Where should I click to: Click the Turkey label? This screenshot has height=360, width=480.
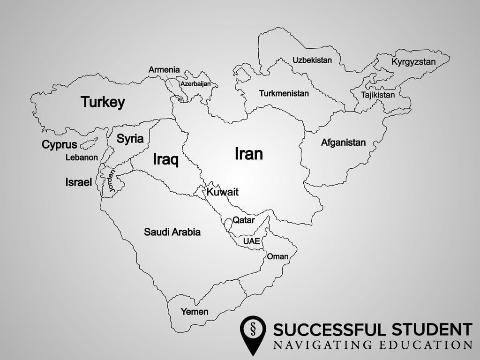pos(103,102)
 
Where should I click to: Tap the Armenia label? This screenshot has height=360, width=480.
pos(164,70)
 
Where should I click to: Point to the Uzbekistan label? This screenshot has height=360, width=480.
pos(312,60)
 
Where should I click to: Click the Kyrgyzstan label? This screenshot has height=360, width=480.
pos(413,62)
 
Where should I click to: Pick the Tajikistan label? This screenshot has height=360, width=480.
pos(378,95)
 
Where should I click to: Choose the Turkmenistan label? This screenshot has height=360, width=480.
pos(284,93)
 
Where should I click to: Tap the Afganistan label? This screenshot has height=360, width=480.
pos(343,142)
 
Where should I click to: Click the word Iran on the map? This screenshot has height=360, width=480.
pos(248,154)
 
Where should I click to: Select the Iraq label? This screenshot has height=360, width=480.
pos(165,160)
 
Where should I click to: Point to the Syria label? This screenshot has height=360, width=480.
pos(130,139)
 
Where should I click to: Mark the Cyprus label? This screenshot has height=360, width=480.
pos(59,145)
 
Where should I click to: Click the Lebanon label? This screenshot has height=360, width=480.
pos(82,157)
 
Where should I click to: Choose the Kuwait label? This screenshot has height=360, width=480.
pos(223,192)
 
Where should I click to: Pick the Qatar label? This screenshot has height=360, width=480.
pos(244,220)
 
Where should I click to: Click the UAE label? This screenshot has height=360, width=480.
pos(251,241)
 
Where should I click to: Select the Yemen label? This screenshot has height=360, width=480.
pos(195,312)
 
